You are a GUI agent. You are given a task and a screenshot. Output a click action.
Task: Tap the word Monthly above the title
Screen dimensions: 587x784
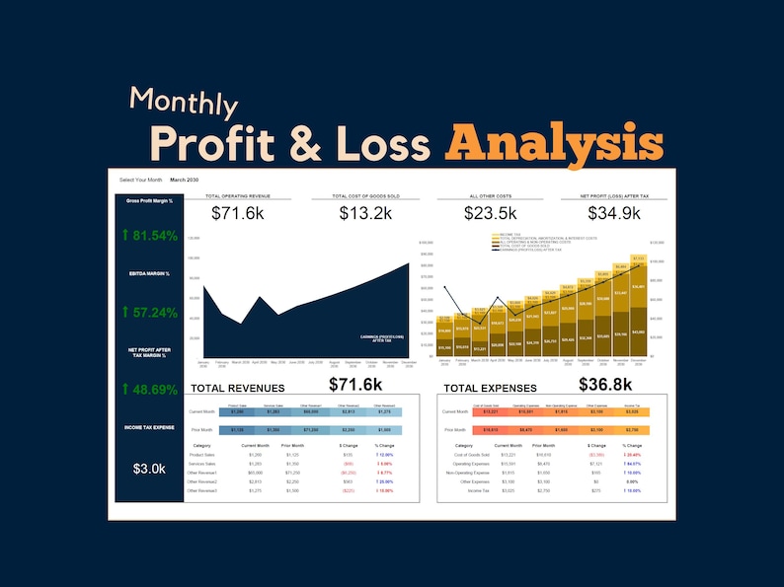183,102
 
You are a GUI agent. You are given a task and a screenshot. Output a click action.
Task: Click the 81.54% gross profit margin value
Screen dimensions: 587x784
150,235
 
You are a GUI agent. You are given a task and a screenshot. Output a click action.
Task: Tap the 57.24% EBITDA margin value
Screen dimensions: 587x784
150,313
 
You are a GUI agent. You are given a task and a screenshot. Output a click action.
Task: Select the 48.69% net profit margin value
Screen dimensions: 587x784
150,390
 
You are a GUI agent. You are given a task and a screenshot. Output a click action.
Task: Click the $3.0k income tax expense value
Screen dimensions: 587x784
150,468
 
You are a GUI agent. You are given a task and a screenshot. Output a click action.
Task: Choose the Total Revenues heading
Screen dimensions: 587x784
237,389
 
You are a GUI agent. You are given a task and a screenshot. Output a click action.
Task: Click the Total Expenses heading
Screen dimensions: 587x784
490,389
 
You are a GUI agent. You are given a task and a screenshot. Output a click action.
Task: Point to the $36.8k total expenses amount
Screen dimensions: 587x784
605,384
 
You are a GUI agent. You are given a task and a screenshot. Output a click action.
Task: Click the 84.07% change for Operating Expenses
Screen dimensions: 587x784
632,464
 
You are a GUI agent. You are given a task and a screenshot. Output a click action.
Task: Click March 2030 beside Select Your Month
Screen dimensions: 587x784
185,180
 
